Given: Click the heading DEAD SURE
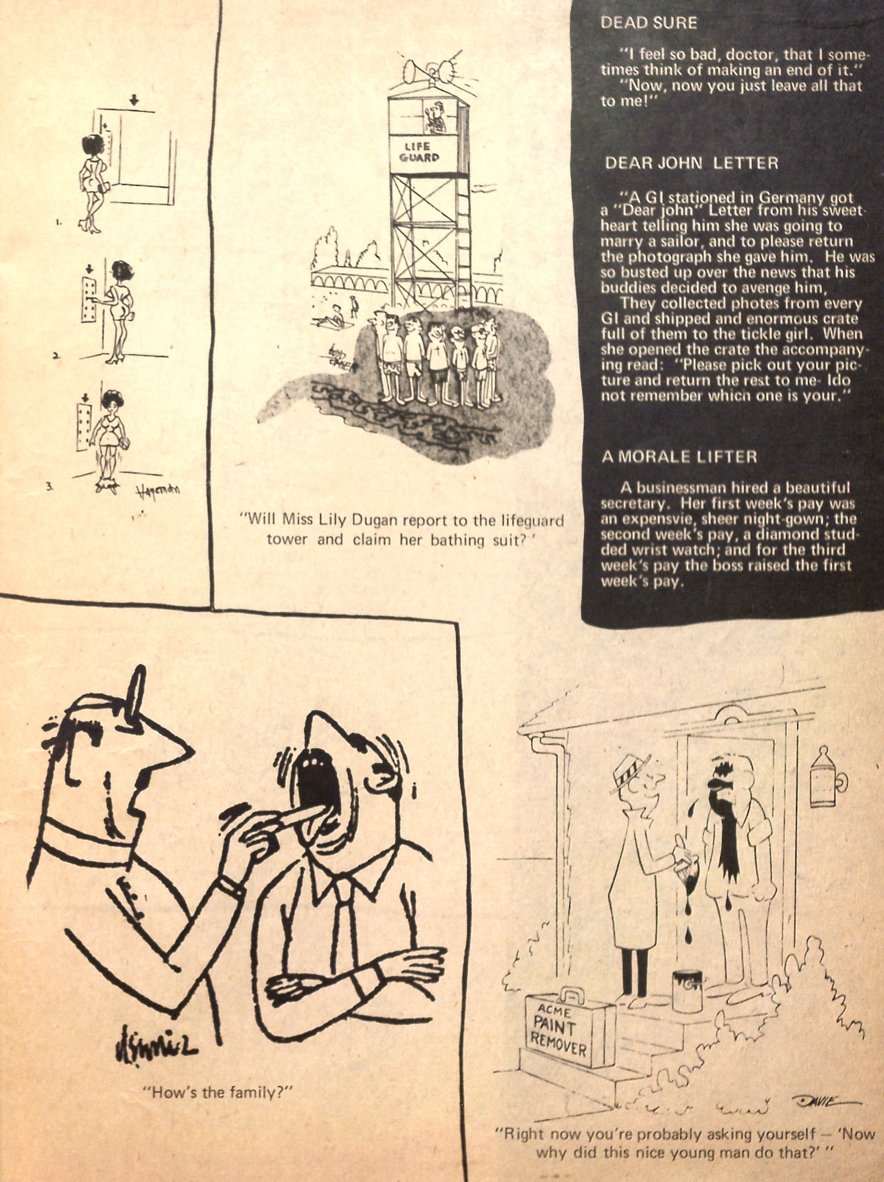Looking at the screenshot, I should (649, 23).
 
